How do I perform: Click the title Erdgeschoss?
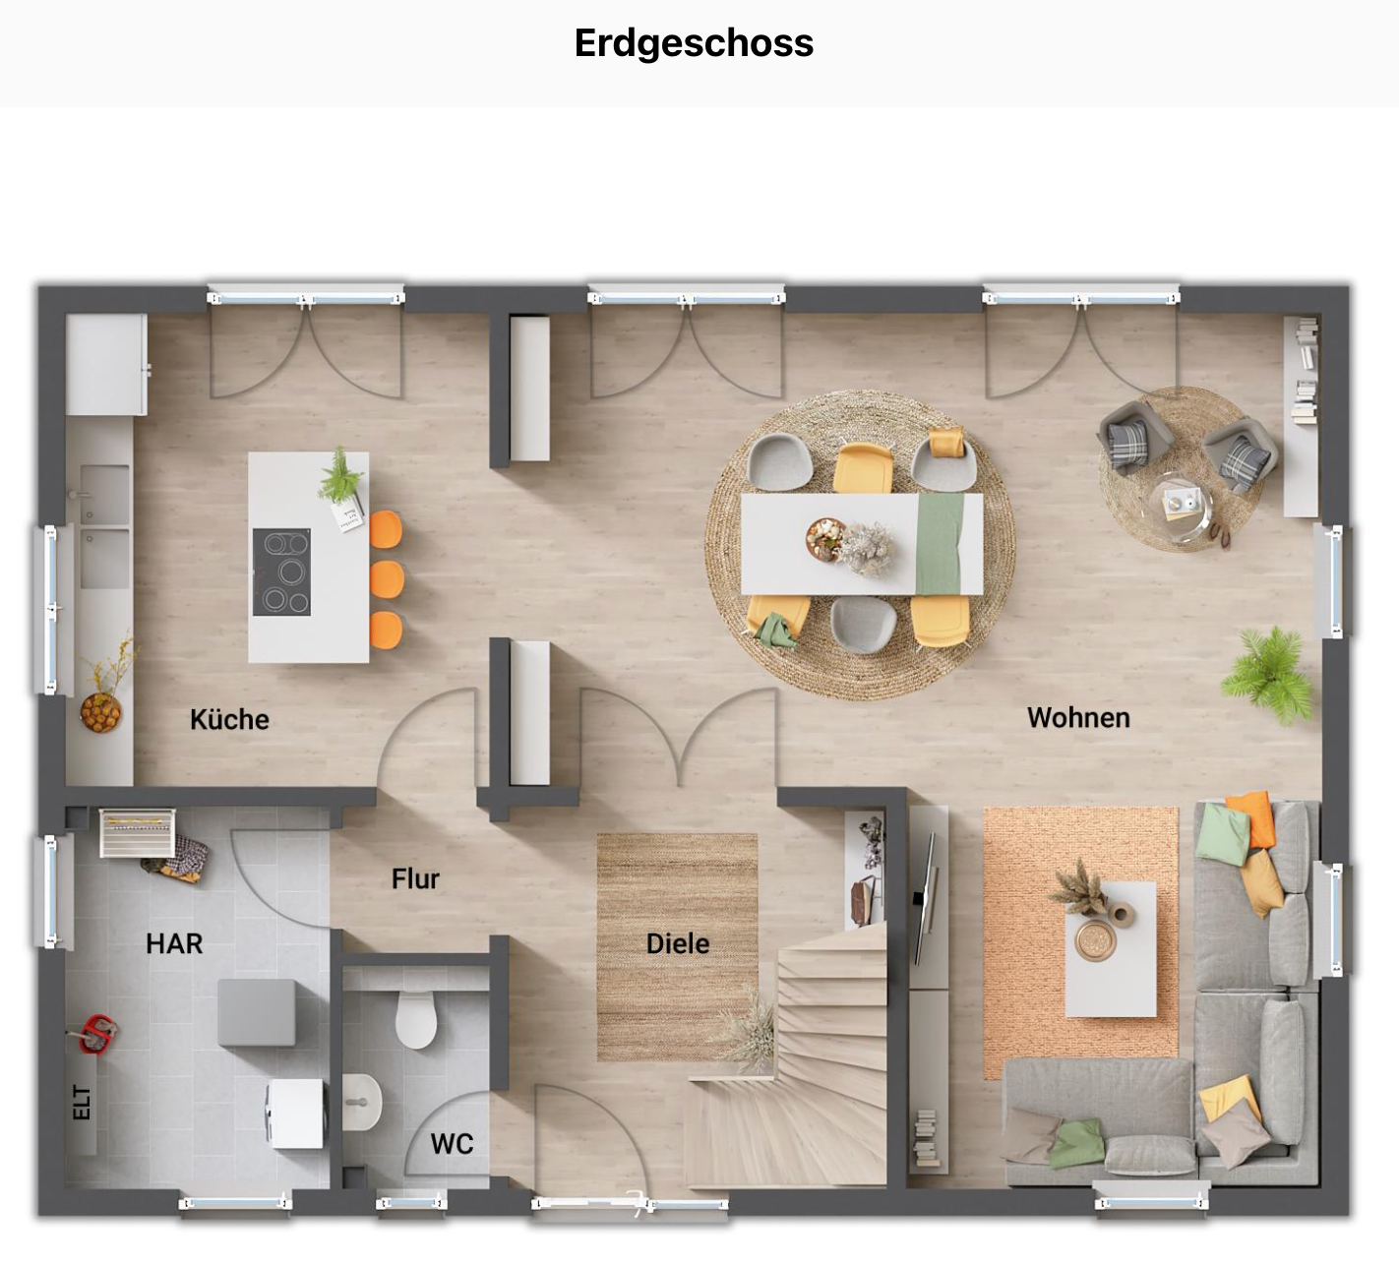pyautogui.click(x=694, y=43)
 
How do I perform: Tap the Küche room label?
pyautogui.click(x=229, y=719)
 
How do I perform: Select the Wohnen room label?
pyautogui.click(x=1078, y=717)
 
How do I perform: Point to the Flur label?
pyautogui.click(x=415, y=878)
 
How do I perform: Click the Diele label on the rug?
pyautogui.click(x=677, y=943)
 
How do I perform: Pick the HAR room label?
pyautogui.click(x=174, y=943)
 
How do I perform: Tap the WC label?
pyautogui.click(x=452, y=1143)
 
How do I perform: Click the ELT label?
pyautogui.click(x=82, y=1103)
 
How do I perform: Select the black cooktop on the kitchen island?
pyautogui.click(x=281, y=572)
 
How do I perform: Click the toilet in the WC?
pyautogui.click(x=416, y=1019)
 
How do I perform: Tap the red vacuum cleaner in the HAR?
pyautogui.click(x=96, y=1033)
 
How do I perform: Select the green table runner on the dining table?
pyautogui.click(x=940, y=543)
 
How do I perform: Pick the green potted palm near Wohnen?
pyautogui.click(x=1270, y=675)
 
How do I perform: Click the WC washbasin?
pyautogui.click(x=362, y=1102)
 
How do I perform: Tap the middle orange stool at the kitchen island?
pyautogui.click(x=387, y=580)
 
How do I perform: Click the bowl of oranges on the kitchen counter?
pyautogui.click(x=100, y=711)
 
